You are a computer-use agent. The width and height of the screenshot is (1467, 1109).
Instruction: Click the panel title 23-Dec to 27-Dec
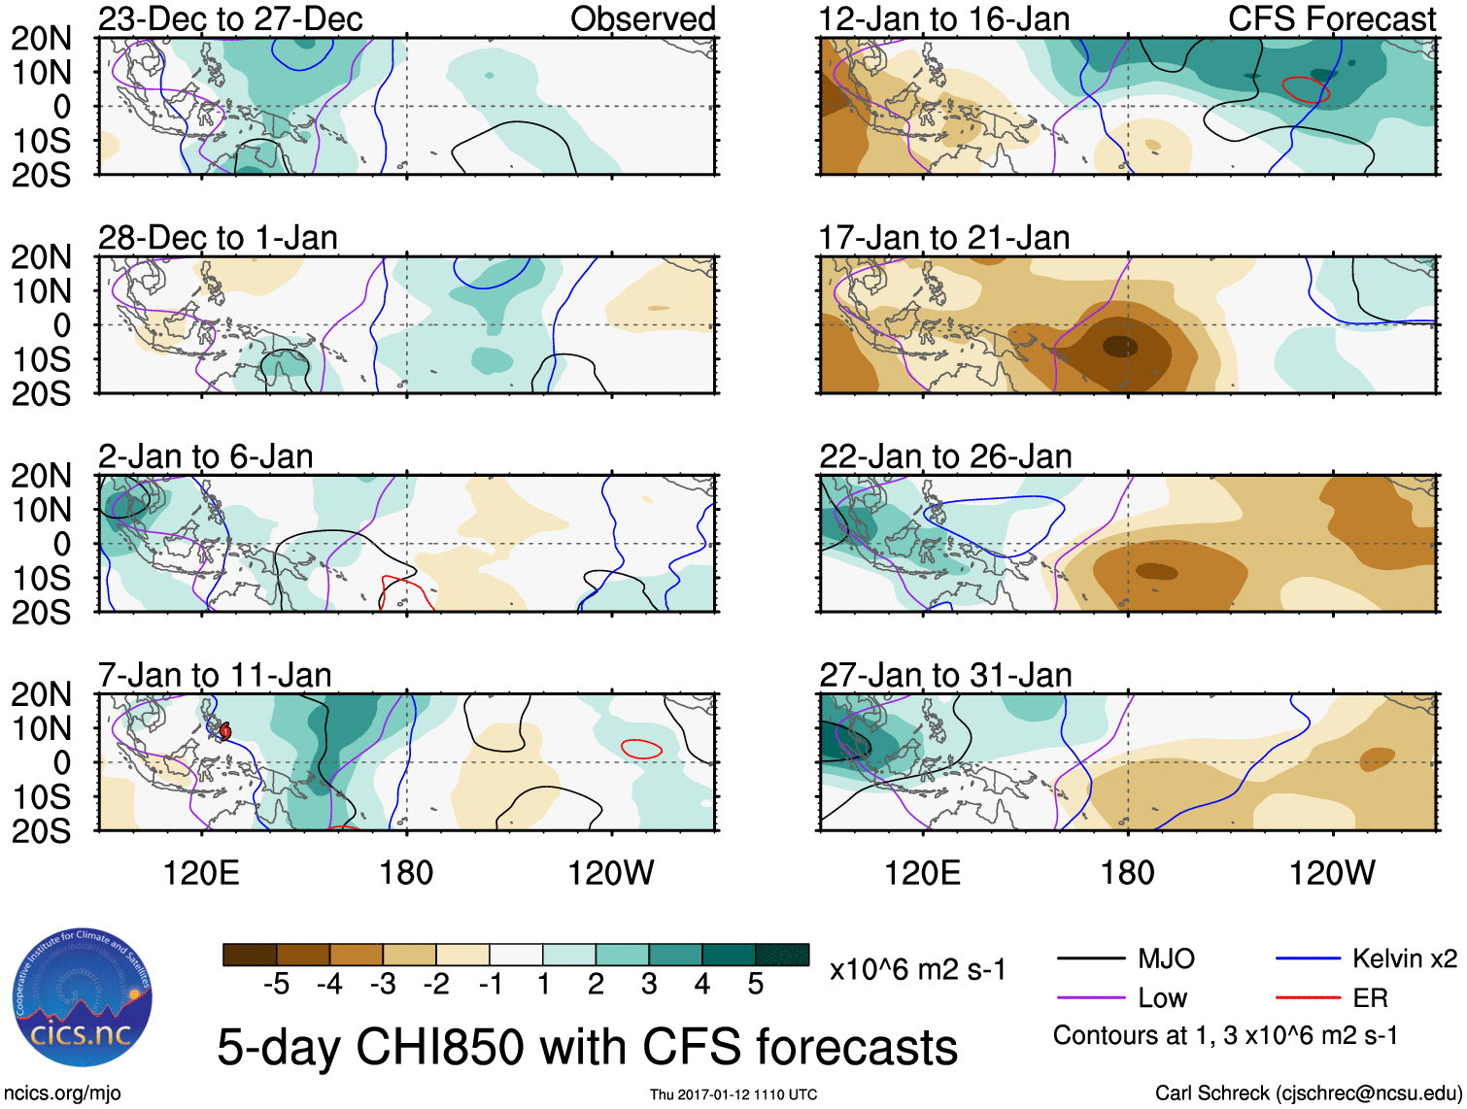pyautogui.click(x=230, y=18)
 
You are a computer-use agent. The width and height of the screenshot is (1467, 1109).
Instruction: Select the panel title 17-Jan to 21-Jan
pyautogui.click(x=944, y=237)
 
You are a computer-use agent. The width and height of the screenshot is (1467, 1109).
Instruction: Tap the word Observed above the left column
pyautogui.click(x=642, y=18)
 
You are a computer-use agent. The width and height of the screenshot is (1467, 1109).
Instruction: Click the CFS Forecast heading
pyautogui.click(x=1331, y=18)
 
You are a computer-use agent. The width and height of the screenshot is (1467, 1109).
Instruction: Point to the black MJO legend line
pyautogui.click(x=1090, y=959)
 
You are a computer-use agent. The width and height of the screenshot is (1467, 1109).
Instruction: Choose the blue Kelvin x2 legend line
pyautogui.click(x=1308, y=959)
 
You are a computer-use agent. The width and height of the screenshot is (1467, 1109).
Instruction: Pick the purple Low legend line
pyautogui.click(x=1090, y=997)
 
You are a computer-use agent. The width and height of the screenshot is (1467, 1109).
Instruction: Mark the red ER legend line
pyautogui.click(x=1308, y=997)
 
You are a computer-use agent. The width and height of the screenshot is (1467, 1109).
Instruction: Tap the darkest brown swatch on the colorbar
pyautogui.click(x=250, y=955)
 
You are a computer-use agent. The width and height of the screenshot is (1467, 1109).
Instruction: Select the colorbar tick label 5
pyautogui.click(x=755, y=985)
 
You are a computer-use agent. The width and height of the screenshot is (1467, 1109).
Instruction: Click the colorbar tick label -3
pyautogui.click(x=383, y=985)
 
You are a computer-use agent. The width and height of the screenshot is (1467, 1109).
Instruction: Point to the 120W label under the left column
pyautogui.click(x=610, y=873)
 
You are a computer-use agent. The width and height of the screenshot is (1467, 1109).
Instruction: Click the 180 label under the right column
pyautogui.click(x=1127, y=873)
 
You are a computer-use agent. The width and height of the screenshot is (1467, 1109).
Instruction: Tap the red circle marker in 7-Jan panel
pyautogui.click(x=224, y=730)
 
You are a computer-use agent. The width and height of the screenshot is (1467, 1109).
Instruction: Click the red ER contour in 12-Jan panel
pyautogui.click(x=1306, y=89)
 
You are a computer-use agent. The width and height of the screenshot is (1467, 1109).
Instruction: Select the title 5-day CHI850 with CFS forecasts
pyautogui.click(x=587, y=1047)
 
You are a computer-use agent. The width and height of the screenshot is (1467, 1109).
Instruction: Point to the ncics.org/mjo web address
pyautogui.click(x=62, y=1092)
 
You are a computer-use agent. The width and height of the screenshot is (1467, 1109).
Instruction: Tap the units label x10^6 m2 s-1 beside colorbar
pyautogui.click(x=917, y=969)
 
